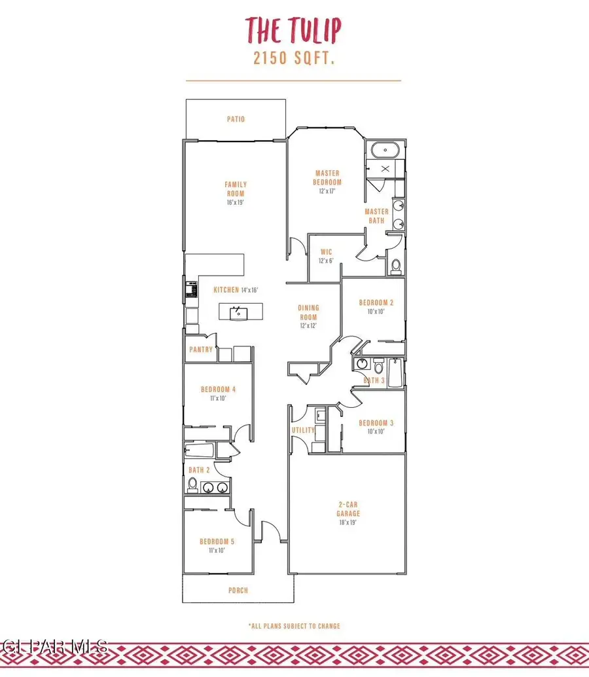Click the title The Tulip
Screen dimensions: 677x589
tap(293, 29)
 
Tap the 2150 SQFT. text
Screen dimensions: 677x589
tap(294, 58)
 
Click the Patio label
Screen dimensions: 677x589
tap(236, 119)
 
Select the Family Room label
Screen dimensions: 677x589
tap(236, 189)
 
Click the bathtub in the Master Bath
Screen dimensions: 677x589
tap(385, 151)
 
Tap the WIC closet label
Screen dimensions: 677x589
tap(327, 251)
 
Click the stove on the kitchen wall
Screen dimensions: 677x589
tap(192, 287)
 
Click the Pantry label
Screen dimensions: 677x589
tap(200, 350)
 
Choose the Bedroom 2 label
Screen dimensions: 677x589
tap(376, 302)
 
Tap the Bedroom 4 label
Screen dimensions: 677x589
tap(217, 389)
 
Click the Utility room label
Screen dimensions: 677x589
tap(303, 430)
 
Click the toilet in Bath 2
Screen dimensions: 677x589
tap(192, 485)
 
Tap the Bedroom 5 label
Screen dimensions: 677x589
tap(217, 541)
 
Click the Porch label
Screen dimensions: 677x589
tap(238, 591)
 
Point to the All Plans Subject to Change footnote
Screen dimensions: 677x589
tap(294, 626)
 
